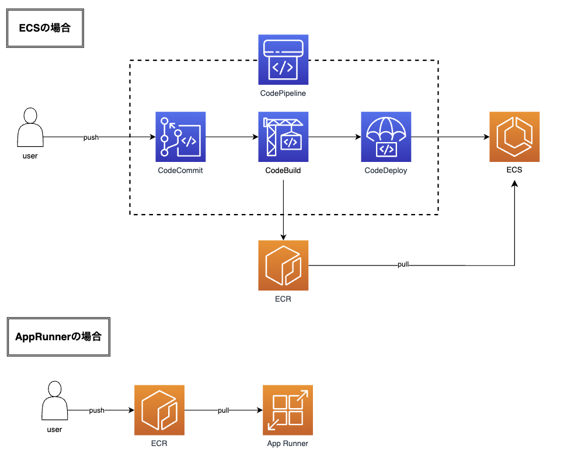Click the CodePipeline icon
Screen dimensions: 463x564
(283, 60)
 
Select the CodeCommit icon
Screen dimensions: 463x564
(180, 136)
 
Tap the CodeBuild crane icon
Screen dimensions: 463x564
(283, 136)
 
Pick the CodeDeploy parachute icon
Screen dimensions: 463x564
(386, 136)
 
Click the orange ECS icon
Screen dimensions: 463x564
(514, 137)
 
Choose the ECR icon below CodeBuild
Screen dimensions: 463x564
(283, 265)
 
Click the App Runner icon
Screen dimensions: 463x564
(288, 410)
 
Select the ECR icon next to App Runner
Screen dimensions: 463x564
(159, 410)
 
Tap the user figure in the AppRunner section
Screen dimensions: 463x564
(54, 400)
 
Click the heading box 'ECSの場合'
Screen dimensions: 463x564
(46, 27)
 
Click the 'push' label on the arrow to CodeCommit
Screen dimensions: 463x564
(91, 137)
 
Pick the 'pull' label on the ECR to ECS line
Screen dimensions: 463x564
(403, 265)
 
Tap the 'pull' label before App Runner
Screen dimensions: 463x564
(223, 410)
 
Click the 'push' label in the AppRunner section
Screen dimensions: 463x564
(97, 410)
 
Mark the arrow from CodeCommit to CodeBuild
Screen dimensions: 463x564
(231, 137)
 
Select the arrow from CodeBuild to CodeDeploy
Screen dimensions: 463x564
(335, 137)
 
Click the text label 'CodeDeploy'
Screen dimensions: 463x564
(385, 171)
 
